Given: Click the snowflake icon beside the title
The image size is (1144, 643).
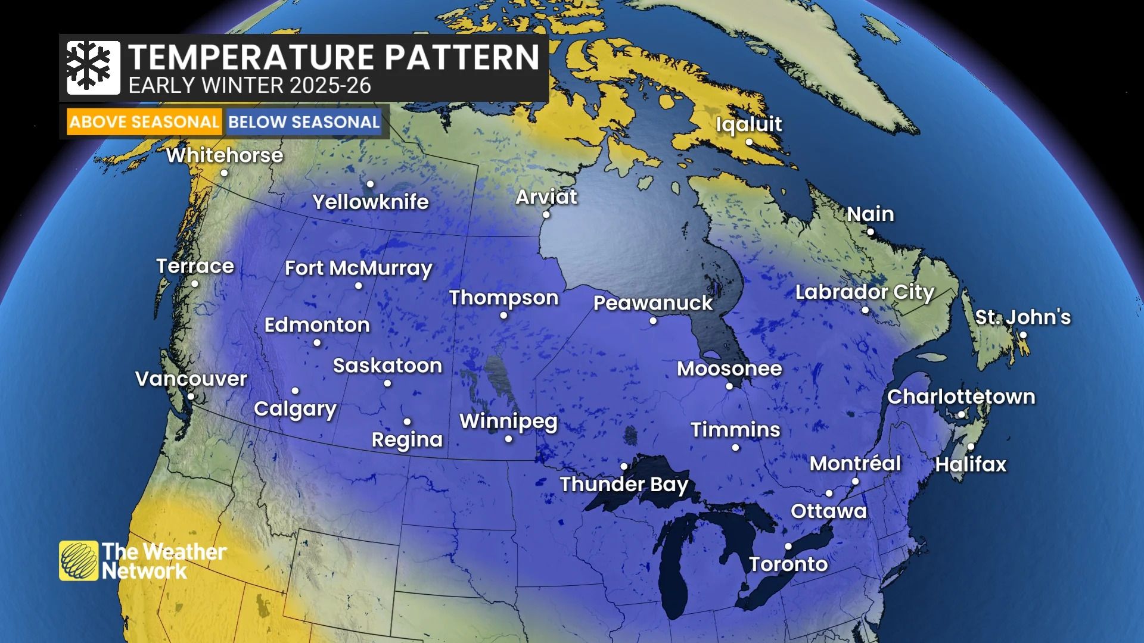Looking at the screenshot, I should (x=93, y=67).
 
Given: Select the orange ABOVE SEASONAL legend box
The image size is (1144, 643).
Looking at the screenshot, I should (x=144, y=122).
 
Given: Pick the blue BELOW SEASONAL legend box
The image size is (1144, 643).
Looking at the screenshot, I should (x=304, y=122).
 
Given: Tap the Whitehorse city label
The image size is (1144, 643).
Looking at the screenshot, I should (x=225, y=155).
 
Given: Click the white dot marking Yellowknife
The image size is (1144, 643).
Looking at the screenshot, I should (x=370, y=184).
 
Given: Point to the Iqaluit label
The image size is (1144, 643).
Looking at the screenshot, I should (x=749, y=124).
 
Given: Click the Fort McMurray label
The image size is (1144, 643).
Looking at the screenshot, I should (x=358, y=268).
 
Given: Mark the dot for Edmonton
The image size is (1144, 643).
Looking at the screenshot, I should (x=317, y=342).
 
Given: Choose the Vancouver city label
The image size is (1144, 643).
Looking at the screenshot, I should (x=191, y=379).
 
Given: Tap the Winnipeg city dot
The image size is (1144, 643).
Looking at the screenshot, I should (x=508, y=439).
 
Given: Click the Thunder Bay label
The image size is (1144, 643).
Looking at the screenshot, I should (x=624, y=484).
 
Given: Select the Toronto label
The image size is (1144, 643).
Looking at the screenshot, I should (x=788, y=564).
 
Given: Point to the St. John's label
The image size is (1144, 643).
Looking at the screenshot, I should (x=1022, y=317).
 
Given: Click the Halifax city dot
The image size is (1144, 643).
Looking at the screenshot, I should (x=971, y=447).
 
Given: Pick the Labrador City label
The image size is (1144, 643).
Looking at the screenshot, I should (x=865, y=292).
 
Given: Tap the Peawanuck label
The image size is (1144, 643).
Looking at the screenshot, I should (x=653, y=303).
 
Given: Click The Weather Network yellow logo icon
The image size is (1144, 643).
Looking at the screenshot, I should (x=79, y=560).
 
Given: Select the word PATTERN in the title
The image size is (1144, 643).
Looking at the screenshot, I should (x=461, y=57).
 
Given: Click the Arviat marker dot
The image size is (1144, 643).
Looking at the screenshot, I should (x=546, y=214).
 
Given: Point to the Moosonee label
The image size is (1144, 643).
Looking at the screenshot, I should (x=729, y=369).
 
